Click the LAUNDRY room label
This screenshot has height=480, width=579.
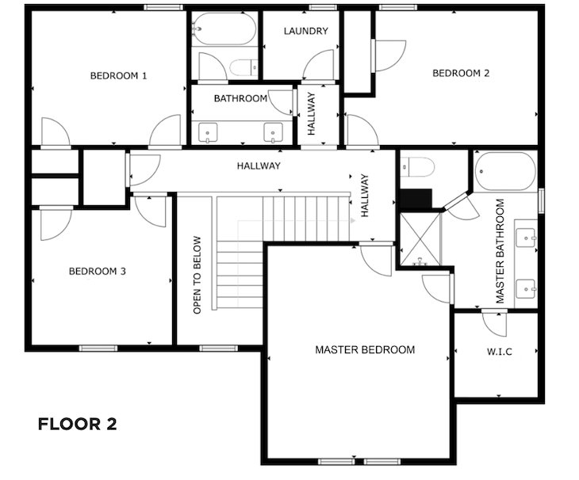click(305, 31)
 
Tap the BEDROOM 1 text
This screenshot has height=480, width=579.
click(118, 76)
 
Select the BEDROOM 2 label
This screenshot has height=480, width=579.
click(461, 74)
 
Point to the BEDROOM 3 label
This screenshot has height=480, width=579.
click(97, 272)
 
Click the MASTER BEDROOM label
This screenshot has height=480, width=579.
click(365, 349)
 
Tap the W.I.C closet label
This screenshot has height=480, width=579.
click(499, 352)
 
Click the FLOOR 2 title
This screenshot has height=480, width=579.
click(77, 424)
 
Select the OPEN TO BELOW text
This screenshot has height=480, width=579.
click(197, 275)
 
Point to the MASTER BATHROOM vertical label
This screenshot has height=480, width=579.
click(500, 251)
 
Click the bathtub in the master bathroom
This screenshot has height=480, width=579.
click(505, 171)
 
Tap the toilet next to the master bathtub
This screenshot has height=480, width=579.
click(417, 167)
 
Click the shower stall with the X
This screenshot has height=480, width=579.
click(420, 239)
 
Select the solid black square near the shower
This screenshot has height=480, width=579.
click(416, 199)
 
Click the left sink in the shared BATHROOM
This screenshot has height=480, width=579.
click(208, 133)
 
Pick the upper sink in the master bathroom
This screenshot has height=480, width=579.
click(525, 238)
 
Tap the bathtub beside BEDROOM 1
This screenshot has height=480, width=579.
click(224, 29)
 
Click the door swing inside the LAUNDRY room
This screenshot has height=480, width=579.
click(318, 65)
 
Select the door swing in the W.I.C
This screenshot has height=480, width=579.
click(495, 324)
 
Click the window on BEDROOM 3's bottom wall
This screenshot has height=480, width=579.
click(98, 349)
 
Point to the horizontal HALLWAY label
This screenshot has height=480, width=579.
click(259, 166)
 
